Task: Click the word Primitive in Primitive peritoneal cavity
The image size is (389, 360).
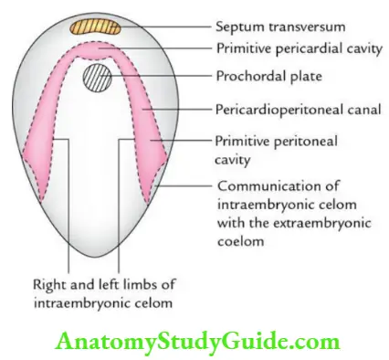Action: coord(237,142)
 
